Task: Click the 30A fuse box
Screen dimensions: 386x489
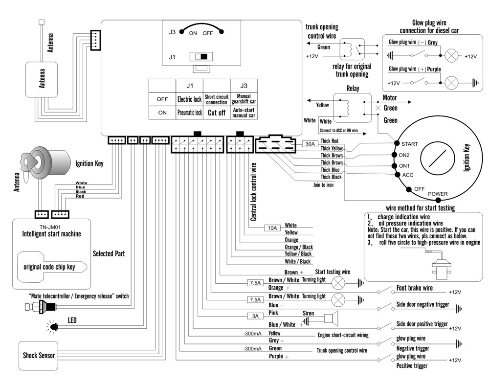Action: tap(310, 144)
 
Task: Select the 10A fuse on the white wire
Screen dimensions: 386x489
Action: tap(272, 227)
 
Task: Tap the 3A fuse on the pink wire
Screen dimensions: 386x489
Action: tap(255, 316)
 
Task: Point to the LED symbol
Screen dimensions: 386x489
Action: tap(52, 326)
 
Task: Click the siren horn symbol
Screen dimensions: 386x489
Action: tap(330, 318)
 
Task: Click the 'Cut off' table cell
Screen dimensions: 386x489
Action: tap(216, 113)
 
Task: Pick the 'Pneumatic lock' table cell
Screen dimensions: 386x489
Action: tap(189, 113)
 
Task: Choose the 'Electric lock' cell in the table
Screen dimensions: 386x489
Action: tap(189, 99)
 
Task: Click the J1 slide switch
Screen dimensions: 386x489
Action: tap(201, 57)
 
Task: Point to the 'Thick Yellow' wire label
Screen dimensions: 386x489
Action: tap(332, 148)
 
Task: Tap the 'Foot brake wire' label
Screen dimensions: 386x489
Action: tap(414, 288)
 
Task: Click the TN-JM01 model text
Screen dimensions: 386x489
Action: tap(46, 227)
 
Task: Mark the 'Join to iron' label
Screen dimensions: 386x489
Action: tap(323, 185)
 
